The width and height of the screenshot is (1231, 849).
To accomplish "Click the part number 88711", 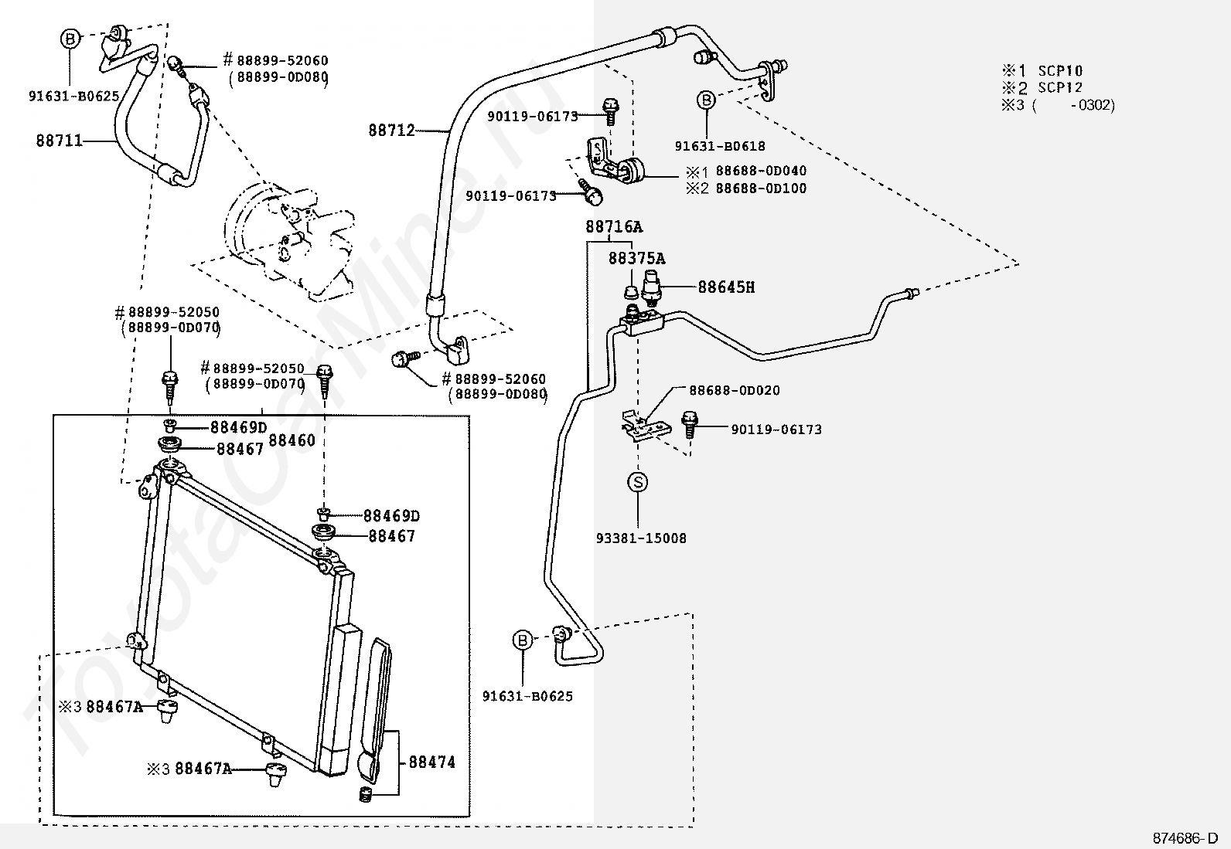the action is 60,141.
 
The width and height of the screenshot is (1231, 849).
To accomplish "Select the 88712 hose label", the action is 391,130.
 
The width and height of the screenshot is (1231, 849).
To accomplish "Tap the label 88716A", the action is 613,226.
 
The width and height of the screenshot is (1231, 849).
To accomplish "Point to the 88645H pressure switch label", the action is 726,287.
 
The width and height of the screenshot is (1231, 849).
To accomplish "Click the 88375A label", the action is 636,258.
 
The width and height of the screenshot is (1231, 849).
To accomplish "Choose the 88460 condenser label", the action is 292,440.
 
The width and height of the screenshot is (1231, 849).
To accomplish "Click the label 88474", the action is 432,762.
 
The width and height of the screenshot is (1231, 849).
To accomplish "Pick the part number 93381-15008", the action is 641,538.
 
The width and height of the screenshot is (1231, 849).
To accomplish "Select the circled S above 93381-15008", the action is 637,482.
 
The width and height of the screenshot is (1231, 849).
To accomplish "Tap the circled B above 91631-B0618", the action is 706,100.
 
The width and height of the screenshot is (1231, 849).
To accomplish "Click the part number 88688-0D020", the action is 735,390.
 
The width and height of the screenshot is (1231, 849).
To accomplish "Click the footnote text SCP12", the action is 1060,87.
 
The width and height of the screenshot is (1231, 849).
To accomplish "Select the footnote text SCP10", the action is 1060,71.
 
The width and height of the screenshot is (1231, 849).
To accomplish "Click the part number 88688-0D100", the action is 761,188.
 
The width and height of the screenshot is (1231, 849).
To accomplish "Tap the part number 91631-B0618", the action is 720,146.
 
